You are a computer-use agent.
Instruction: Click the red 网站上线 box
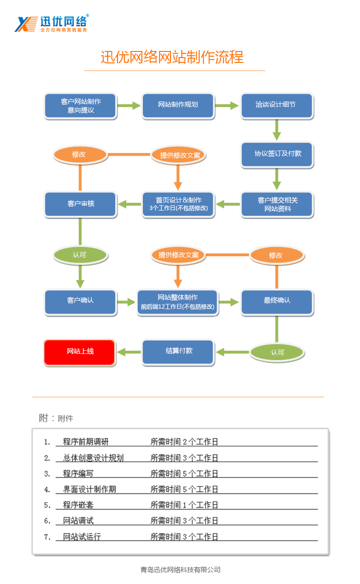coord(80,352)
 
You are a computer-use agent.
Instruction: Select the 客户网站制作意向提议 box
coord(80,106)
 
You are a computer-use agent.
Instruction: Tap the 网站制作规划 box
coord(178,105)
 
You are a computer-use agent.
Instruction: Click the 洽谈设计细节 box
coord(277,105)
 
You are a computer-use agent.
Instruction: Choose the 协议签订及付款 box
coord(277,154)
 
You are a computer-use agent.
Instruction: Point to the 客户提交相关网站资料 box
coord(277,204)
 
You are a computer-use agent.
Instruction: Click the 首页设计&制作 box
coord(178,204)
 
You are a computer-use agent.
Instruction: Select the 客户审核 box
coord(80,204)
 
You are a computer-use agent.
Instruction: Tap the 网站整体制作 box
coord(178,302)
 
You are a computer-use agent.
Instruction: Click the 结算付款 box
coord(178,352)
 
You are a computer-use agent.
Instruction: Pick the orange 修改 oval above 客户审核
coord(80,154)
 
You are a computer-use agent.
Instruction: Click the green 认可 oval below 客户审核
coord(80,255)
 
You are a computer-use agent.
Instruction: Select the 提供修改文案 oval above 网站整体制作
coord(178,255)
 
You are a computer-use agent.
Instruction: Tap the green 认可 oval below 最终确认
coord(277,352)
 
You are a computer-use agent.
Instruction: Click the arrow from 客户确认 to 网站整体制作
coord(127,302)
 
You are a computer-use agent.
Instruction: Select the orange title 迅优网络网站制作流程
coord(172,57)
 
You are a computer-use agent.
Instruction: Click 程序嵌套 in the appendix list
coord(78,505)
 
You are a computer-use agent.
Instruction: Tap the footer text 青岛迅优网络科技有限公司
coord(180,570)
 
